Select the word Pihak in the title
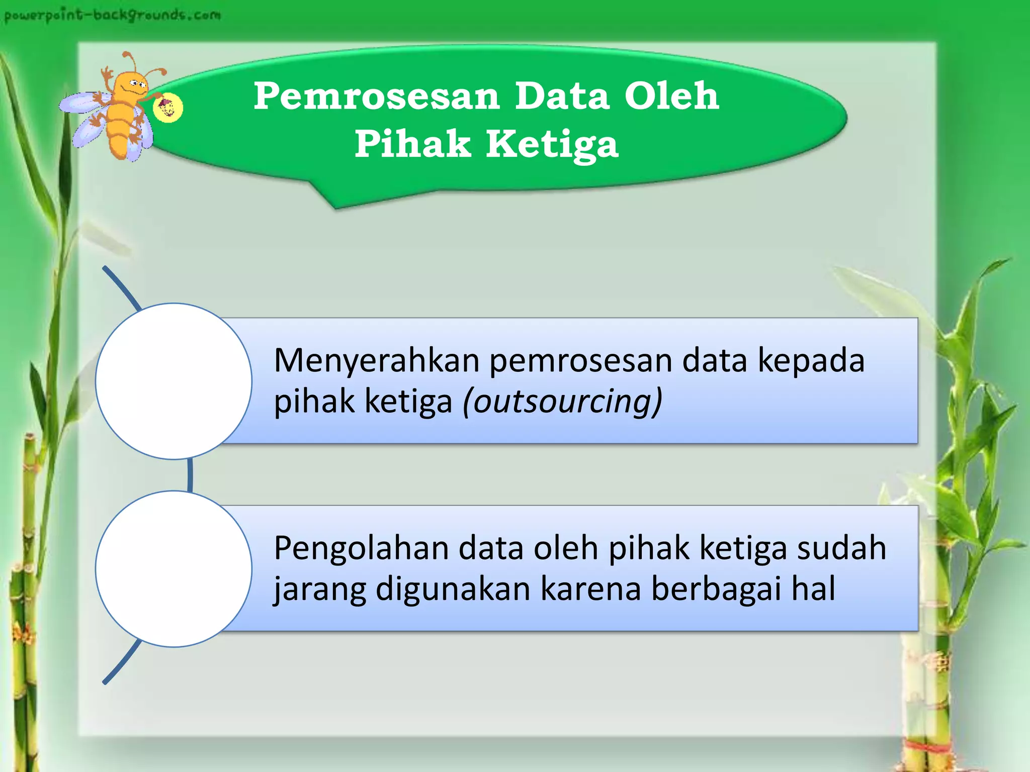[412, 144]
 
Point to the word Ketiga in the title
[552, 145]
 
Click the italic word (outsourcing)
[562, 402]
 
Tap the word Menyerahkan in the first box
[376, 361]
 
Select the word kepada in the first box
[811, 362]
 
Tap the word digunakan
[453, 590]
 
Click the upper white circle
[174, 381]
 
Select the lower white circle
[174, 568]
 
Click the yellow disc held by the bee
[167, 108]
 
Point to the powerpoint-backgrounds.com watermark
[112, 15]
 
